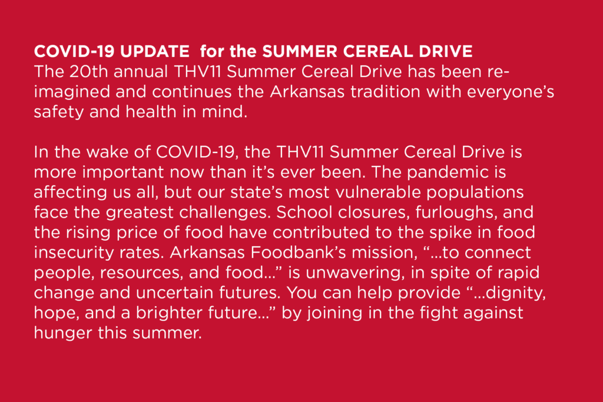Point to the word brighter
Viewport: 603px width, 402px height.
click(169, 313)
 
